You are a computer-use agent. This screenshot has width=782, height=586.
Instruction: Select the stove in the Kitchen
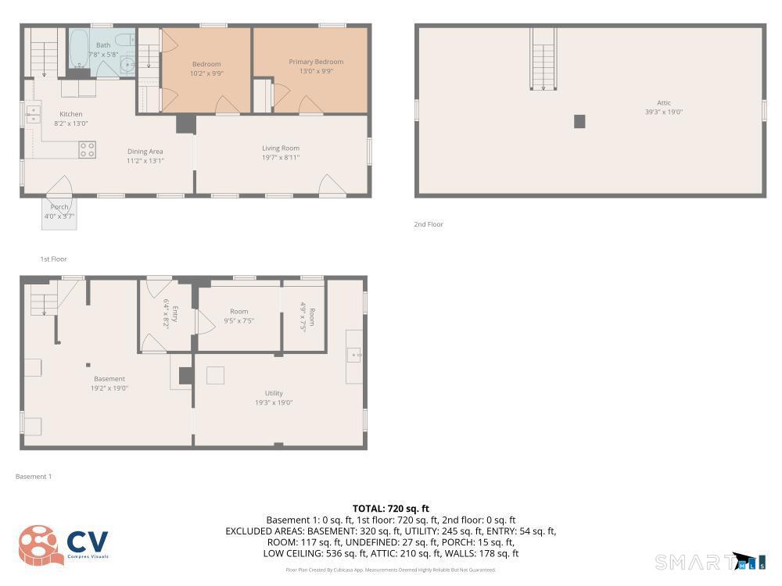(87, 149)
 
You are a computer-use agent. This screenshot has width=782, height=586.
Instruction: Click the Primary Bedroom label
(316, 62)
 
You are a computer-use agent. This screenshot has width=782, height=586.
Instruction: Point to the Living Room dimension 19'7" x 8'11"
(280, 158)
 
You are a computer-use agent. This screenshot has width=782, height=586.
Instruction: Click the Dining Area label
(145, 152)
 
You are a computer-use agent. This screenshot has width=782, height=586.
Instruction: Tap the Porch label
(59, 207)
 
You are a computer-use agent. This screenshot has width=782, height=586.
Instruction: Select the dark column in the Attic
(579, 121)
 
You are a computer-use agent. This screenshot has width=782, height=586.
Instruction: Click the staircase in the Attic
(543, 59)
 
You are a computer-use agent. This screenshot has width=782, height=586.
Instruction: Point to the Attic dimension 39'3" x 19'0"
(663, 112)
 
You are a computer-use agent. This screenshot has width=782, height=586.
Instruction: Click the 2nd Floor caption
(429, 224)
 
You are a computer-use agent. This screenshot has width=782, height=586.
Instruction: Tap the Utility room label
(274, 393)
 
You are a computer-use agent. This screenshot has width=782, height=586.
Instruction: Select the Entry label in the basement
(175, 314)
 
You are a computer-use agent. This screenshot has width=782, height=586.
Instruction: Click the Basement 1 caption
(34, 477)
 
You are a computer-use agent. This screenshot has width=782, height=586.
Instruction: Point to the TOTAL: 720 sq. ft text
(391, 509)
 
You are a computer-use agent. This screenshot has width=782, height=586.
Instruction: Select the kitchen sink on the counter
(34, 115)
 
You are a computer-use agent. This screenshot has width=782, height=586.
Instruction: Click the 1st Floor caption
(54, 259)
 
